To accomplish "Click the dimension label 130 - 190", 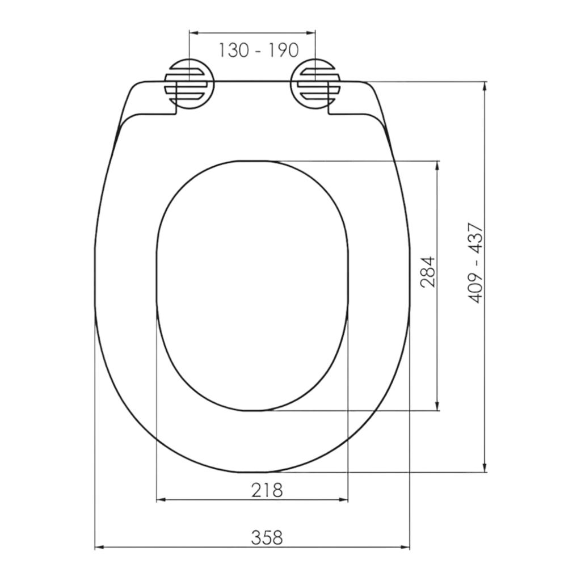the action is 258,50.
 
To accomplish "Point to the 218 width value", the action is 267,490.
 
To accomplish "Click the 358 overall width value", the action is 267,538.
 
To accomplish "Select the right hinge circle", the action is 315,84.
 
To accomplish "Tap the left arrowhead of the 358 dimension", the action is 99,547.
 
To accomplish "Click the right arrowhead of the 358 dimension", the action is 406,547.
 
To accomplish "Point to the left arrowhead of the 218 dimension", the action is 161,500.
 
